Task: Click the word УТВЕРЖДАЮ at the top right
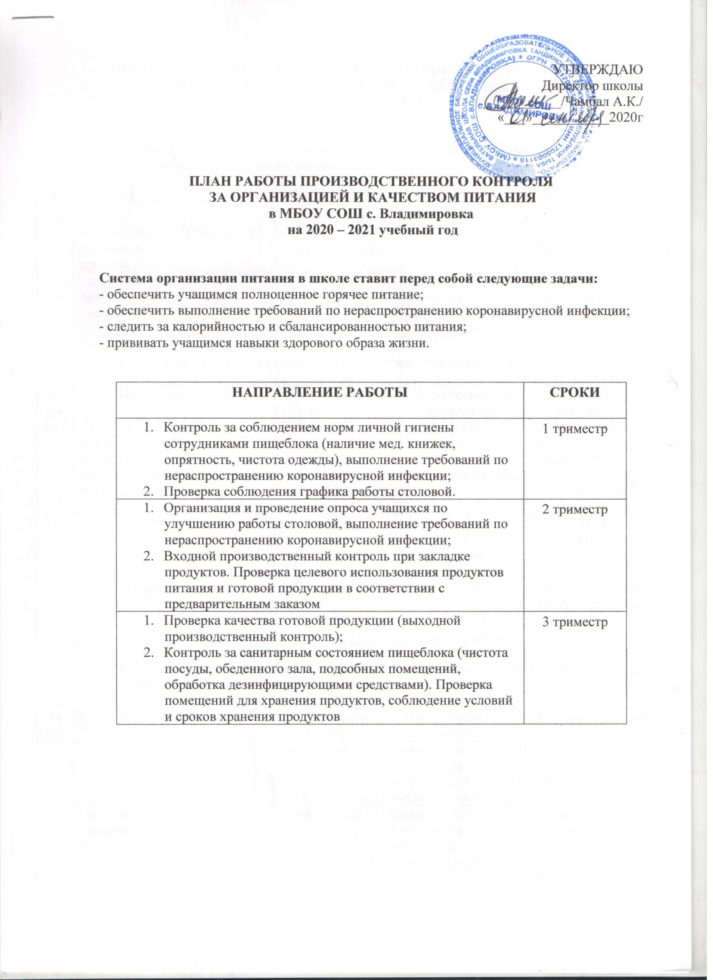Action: pyautogui.click(x=601, y=70)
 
